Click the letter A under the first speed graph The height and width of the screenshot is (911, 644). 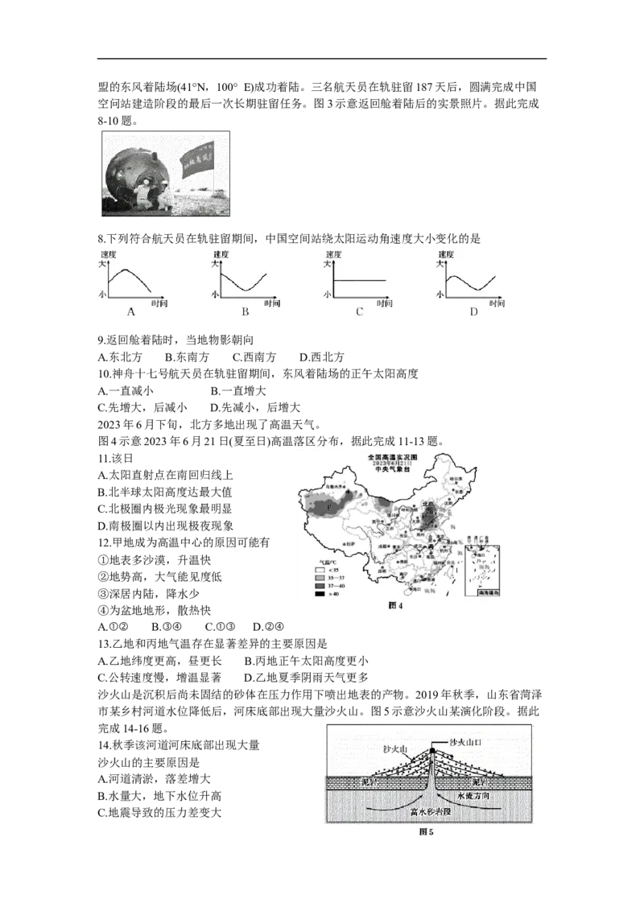[130, 311]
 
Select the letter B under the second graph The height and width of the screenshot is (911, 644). [245, 311]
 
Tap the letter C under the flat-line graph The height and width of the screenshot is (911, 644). [360, 311]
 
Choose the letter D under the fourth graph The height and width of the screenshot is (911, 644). [473, 311]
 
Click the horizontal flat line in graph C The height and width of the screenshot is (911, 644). [360, 280]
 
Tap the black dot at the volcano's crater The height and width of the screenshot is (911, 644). [432, 751]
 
